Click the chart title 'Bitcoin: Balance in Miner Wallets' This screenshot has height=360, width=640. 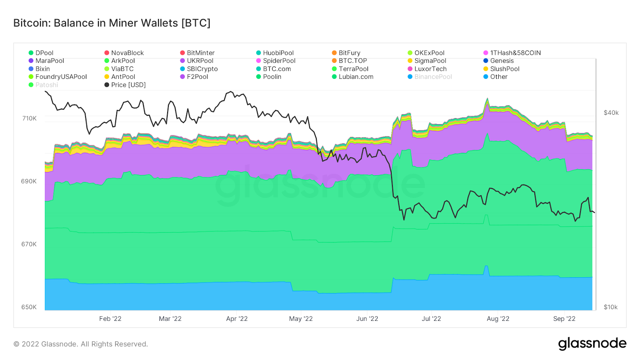point(112,23)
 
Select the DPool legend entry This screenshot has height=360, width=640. point(44,53)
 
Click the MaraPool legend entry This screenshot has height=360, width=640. point(49,61)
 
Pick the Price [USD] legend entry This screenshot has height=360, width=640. point(128,85)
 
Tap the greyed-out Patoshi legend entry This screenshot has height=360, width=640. point(46,85)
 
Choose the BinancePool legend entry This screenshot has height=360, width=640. point(433,77)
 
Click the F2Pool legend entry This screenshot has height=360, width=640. point(197,77)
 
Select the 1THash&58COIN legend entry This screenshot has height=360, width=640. point(515,53)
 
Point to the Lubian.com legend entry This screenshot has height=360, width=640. point(356,77)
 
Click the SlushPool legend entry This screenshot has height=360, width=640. point(504,69)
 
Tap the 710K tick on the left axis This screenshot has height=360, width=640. point(29,118)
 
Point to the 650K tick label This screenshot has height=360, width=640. point(29,307)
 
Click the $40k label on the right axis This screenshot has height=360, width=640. point(611,113)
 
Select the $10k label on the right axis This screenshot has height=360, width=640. point(610,307)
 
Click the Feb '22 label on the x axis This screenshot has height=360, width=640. point(110,319)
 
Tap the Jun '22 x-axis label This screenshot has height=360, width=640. point(367,319)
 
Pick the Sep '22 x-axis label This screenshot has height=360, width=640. point(564,319)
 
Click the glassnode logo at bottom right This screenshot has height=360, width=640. point(592,344)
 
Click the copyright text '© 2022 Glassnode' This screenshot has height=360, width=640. point(80,344)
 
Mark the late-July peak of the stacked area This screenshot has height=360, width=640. point(487,98)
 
